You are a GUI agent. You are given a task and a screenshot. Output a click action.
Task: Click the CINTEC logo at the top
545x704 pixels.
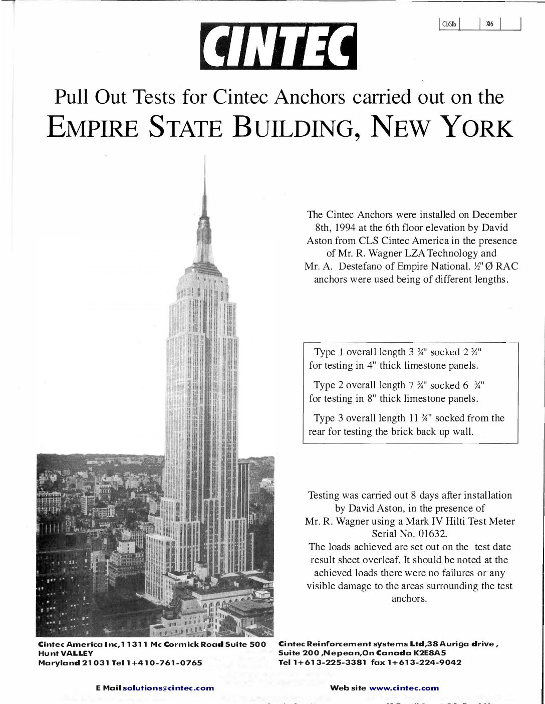(x=279, y=46)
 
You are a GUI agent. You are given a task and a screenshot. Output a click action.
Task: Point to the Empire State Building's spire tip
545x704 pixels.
(x=204, y=159)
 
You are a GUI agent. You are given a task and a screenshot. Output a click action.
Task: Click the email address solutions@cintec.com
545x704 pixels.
(x=168, y=688)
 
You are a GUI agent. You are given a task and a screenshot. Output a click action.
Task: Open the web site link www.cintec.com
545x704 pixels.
(x=404, y=688)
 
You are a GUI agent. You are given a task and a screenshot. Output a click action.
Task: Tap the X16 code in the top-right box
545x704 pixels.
(x=489, y=24)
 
